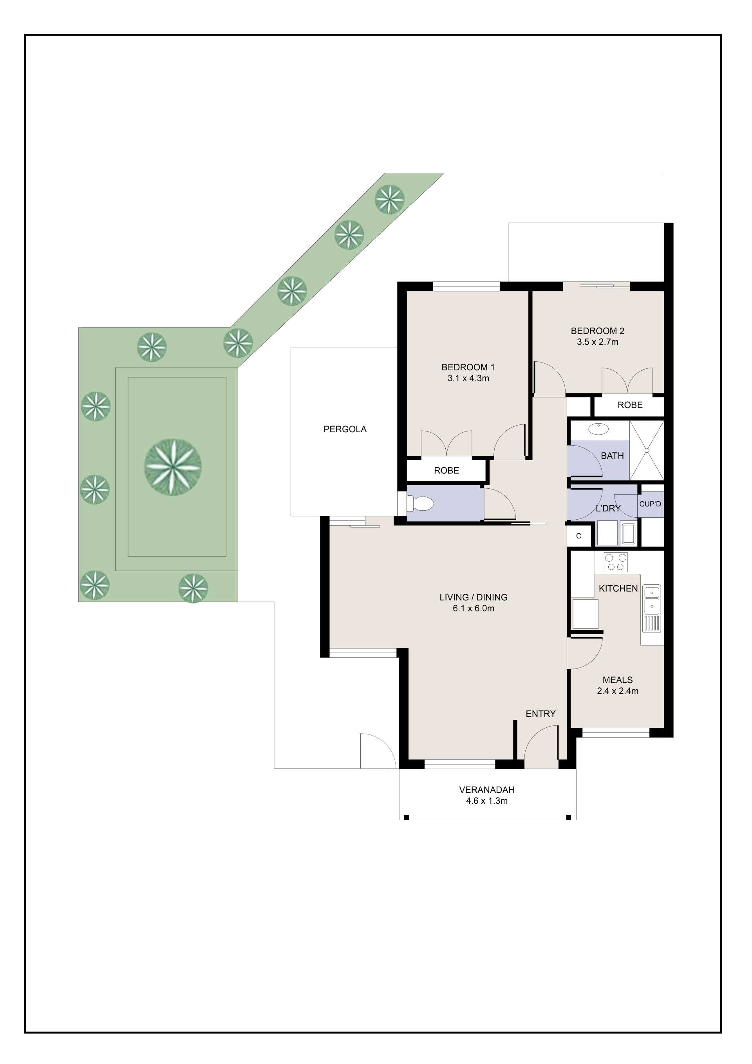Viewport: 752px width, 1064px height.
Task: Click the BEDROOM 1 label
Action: click(x=468, y=367)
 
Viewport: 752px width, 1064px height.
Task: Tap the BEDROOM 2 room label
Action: click(x=597, y=331)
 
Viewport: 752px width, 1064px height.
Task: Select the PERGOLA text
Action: click(x=345, y=429)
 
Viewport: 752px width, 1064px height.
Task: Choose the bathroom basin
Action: click(x=598, y=428)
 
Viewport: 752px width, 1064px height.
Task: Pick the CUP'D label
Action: click(x=650, y=504)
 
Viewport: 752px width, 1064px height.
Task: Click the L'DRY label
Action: click(x=608, y=508)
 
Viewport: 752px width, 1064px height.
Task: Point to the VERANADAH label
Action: click(x=487, y=790)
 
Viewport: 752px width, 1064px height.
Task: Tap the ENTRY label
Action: click(x=540, y=714)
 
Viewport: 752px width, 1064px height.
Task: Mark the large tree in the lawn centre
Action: click(x=173, y=467)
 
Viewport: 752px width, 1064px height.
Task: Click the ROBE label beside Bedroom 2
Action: click(x=630, y=405)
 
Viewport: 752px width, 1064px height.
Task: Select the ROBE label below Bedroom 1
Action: click(x=446, y=470)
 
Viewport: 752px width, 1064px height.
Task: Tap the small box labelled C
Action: click(x=578, y=536)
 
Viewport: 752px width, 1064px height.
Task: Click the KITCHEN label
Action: click(x=618, y=589)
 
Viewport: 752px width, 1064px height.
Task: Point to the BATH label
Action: click(x=612, y=455)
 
